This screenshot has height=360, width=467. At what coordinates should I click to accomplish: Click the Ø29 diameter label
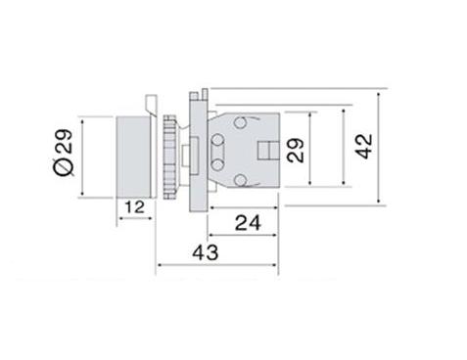[63, 153]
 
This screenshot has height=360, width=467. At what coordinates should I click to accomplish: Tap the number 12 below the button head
[135, 207]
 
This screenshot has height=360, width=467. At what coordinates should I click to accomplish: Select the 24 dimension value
[248, 223]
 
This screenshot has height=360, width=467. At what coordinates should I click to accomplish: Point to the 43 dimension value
[206, 252]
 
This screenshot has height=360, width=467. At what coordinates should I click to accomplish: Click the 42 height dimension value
[364, 146]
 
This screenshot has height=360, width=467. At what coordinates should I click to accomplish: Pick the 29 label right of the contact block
[296, 151]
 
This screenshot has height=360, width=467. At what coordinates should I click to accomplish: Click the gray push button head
[134, 157]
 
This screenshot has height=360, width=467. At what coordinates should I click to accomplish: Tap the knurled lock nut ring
[170, 157]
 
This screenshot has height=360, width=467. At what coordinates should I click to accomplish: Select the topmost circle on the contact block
[240, 122]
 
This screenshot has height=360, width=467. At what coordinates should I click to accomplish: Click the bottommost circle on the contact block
[240, 180]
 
